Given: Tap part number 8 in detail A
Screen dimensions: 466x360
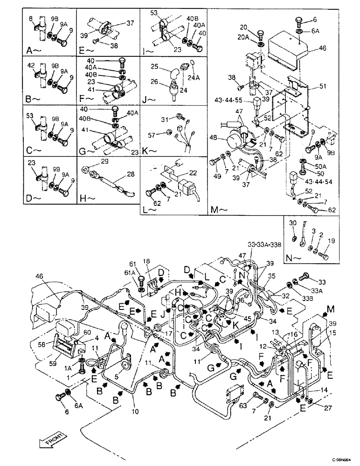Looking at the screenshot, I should (x=31, y=18).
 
